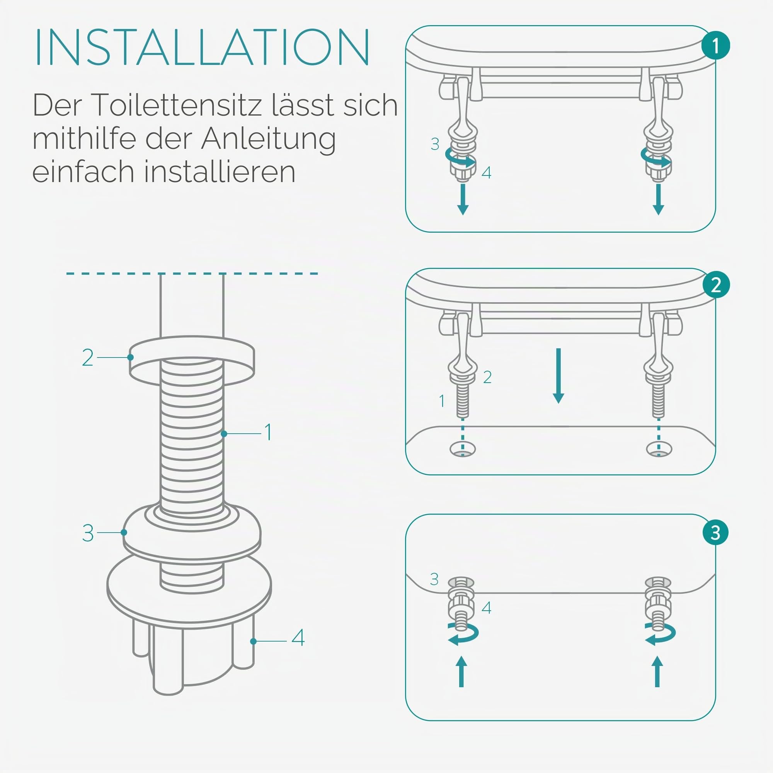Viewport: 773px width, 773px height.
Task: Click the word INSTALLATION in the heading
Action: coord(202,47)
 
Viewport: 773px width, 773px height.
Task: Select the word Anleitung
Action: coord(269,140)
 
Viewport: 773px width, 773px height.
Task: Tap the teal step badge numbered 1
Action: coord(715,46)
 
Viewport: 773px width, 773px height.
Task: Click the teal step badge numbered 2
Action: coord(716,285)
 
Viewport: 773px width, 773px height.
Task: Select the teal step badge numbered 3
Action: coord(715,533)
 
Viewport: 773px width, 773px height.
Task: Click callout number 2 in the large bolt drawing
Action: coord(88,357)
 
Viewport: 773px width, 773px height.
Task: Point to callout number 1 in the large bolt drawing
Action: coord(269,432)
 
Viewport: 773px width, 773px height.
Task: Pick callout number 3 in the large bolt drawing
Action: coord(88,533)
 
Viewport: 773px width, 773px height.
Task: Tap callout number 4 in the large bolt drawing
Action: coord(298,638)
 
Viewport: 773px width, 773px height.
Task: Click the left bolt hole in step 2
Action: coord(463,449)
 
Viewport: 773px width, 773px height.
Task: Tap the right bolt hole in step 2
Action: coord(659,449)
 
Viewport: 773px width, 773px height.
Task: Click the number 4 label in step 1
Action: coord(486,173)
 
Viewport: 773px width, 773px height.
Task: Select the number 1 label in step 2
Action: coord(442,400)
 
